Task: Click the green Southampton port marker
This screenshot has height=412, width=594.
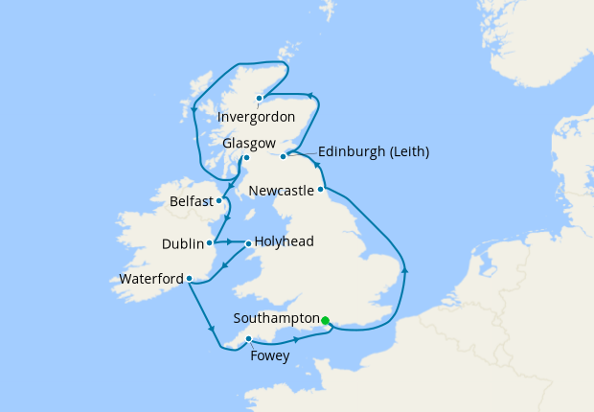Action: tap(326, 320)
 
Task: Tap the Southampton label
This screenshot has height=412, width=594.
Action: tap(276, 318)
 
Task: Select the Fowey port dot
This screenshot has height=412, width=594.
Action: tap(248, 339)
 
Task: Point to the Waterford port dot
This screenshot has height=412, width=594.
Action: tap(190, 279)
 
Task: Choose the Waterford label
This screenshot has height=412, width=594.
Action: tap(151, 279)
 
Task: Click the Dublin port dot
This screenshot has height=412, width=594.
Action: tap(209, 242)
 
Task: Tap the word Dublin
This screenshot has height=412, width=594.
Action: tap(182, 243)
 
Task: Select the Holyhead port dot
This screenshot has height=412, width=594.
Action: tap(248, 242)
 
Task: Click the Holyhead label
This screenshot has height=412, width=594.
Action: tap(285, 242)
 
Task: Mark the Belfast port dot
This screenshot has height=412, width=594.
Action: tap(220, 201)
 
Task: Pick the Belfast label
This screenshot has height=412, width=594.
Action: tap(192, 202)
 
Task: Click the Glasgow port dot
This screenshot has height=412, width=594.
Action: tap(246, 157)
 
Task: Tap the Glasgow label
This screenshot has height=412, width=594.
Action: tap(249, 143)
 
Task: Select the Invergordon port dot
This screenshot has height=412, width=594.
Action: tap(259, 98)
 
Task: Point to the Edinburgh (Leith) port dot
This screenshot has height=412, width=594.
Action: tap(283, 156)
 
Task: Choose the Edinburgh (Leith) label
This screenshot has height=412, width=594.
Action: tap(373, 151)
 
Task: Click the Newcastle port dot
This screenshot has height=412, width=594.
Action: tap(320, 190)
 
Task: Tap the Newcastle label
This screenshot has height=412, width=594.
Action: tap(281, 191)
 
